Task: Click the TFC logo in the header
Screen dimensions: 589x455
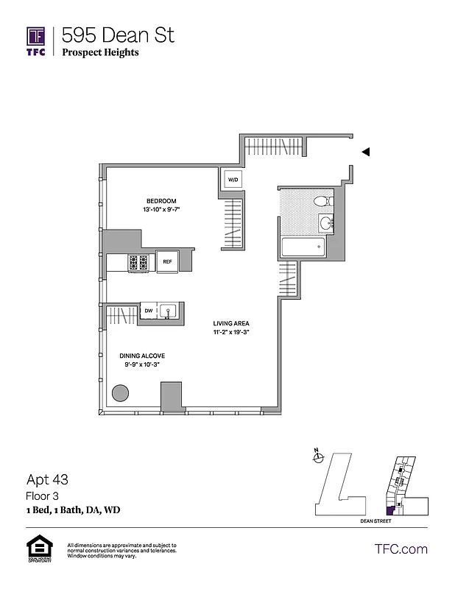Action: [x=36, y=42]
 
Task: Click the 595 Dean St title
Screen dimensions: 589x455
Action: [x=118, y=35]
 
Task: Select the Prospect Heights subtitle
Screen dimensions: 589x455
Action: [x=100, y=53]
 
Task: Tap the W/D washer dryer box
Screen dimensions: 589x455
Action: [x=233, y=180]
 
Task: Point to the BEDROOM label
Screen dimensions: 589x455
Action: [x=161, y=201]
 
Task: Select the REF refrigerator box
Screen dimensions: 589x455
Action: [x=167, y=262]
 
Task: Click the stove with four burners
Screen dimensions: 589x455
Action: [x=138, y=261]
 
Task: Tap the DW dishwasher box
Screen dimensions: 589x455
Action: [x=149, y=311]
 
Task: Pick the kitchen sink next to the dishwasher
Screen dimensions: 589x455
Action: [x=167, y=311]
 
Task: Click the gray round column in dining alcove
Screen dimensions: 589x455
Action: [x=120, y=393]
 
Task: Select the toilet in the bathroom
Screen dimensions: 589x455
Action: [x=322, y=201]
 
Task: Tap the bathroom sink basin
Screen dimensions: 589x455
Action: [x=325, y=222]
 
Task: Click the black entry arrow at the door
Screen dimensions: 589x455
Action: [x=366, y=152]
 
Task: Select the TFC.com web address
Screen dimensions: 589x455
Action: [x=401, y=549]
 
